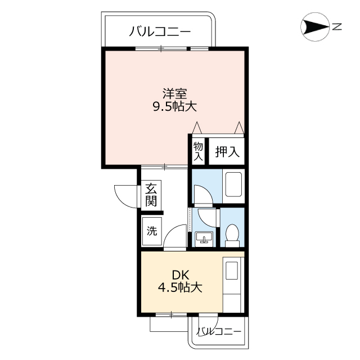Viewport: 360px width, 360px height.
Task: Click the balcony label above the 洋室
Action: pyautogui.click(x=160, y=31)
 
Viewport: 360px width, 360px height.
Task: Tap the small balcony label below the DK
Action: pyautogui.click(x=219, y=332)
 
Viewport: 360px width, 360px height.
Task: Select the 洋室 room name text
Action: pyautogui.click(x=175, y=92)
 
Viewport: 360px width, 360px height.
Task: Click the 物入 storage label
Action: pyautogui.click(x=198, y=151)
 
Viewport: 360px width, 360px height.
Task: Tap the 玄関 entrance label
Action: pyautogui.click(x=151, y=195)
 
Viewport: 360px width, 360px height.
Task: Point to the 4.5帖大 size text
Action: pyautogui.click(x=179, y=287)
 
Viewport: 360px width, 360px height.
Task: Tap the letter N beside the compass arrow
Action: pyautogui.click(x=337, y=26)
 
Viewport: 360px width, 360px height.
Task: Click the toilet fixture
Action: pyautogui.click(x=232, y=235)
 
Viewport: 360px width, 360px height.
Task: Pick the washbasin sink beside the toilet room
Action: pyautogui.click(x=204, y=238)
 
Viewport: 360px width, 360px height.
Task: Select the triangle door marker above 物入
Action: pyautogui.click(x=197, y=128)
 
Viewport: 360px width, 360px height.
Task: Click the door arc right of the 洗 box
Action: pyautogui.click(x=176, y=233)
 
